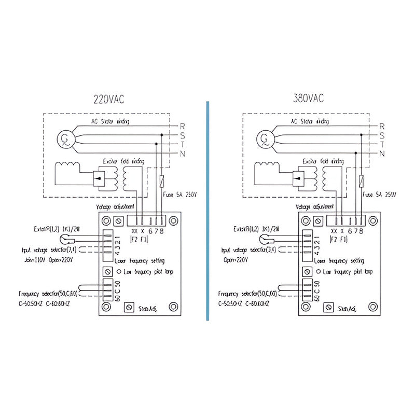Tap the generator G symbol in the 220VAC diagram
(65, 139)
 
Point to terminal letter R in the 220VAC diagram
(181, 126)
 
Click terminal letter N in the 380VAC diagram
(381, 154)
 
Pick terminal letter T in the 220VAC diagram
(181, 145)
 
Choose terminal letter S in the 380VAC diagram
(381, 135)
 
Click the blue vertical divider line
(207, 208)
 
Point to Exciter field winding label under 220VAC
(121, 161)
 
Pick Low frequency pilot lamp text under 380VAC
(348, 271)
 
